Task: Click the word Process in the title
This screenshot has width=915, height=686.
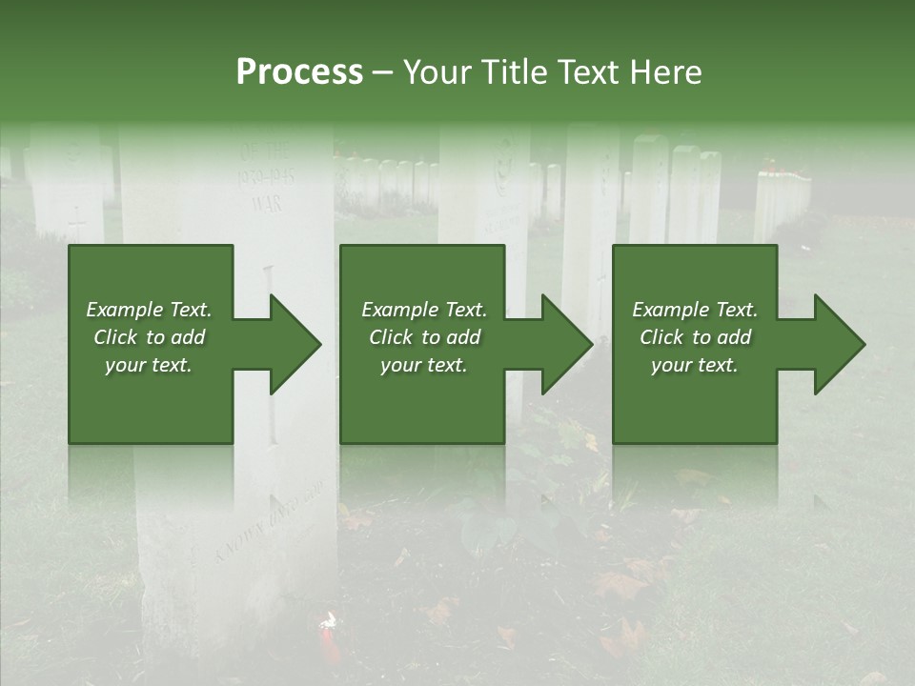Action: [x=299, y=72]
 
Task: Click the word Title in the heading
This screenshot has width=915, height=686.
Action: [x=516, y=72]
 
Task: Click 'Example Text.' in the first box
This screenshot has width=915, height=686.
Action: [x=150, y=310]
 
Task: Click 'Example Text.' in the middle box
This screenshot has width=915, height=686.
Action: [x=424, y=310]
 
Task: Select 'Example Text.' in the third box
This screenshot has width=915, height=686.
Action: [x=695, y=310]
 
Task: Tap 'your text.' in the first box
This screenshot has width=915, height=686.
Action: [x=150, y=365]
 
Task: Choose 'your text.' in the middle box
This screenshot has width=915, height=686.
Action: [x=424, y=365]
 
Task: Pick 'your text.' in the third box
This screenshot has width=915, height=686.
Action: [x=695, y=365]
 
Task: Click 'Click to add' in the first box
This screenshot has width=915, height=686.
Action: [x=150, y=337]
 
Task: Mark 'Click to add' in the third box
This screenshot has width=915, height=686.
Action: [x=695, y=337]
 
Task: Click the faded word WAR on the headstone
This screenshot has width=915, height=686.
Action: [x=267, y=203]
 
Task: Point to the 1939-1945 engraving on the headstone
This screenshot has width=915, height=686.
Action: [x=264, y=177]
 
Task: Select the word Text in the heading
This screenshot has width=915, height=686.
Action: [x=589, y=72]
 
